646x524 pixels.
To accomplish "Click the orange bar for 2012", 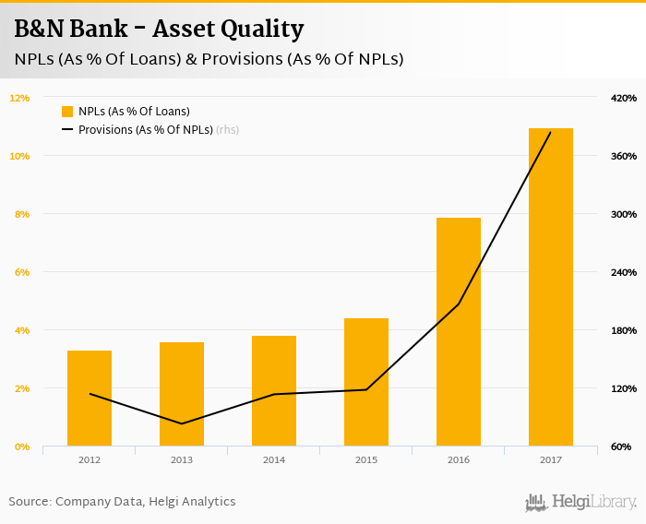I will (x=90, y=399).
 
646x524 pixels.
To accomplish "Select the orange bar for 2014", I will (x=274, y=391).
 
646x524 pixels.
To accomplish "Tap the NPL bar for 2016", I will (x=459, y=332).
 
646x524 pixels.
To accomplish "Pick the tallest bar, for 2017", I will (x=551, y=287).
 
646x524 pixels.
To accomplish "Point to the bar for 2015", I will (x=366, y=382).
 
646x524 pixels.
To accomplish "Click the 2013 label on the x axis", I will (x=182, y=459).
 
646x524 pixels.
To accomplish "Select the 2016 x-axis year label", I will (x=459, y=459).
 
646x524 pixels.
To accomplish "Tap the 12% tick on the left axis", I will (x=20, y=98).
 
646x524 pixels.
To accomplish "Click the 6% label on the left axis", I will (x=20, y=272).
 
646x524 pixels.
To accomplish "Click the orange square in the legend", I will (x=67, y=112).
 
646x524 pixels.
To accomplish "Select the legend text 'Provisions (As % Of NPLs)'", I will (x=145, y=130).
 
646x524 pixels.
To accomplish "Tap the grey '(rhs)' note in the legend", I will (x=227, y=130).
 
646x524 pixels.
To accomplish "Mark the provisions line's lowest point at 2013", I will (x=182, y=423).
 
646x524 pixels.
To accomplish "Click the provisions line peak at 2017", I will (x=551, y=133).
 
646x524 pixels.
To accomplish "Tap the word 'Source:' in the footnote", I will (x=30, y=502).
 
